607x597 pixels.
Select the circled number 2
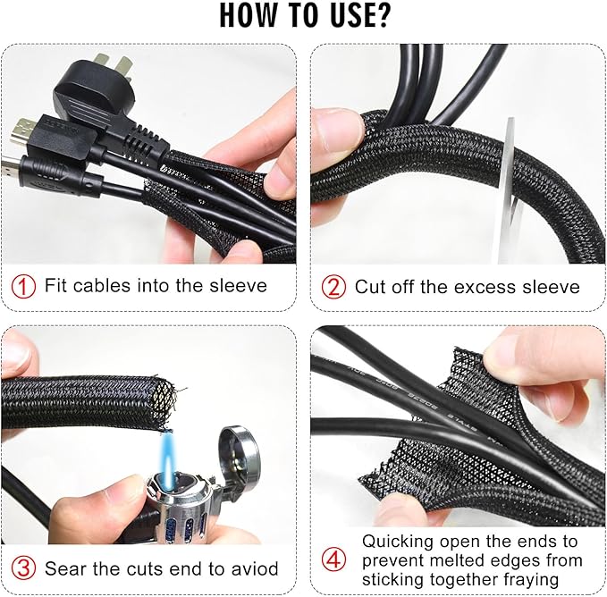tap(333, 287)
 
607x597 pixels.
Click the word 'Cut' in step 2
tap(370, 287)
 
